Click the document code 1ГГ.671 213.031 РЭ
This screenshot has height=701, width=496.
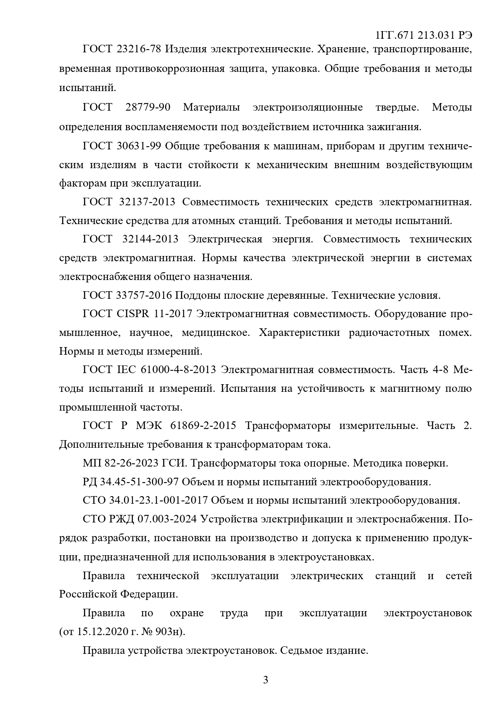(424, 35)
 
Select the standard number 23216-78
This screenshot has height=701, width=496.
(139, 50)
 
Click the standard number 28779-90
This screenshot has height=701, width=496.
(148, 108)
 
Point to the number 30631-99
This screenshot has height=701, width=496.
(139, 146)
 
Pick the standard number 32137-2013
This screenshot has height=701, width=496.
(147, 202)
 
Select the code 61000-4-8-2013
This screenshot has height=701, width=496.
(178, 370)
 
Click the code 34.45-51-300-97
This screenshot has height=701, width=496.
(139, 482)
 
